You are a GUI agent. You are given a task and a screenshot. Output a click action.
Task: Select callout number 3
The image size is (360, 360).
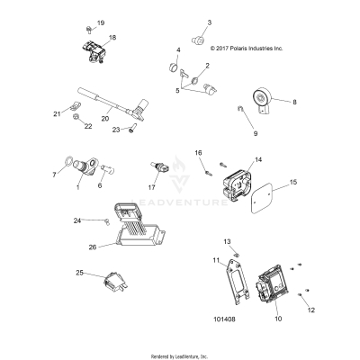(209, 22)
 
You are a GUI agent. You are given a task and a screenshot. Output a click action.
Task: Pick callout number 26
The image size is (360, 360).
(116, 245)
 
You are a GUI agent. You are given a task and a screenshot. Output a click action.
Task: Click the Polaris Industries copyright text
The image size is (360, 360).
(246, 49)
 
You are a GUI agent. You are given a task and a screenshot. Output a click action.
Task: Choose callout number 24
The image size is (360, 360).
(103, 220)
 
